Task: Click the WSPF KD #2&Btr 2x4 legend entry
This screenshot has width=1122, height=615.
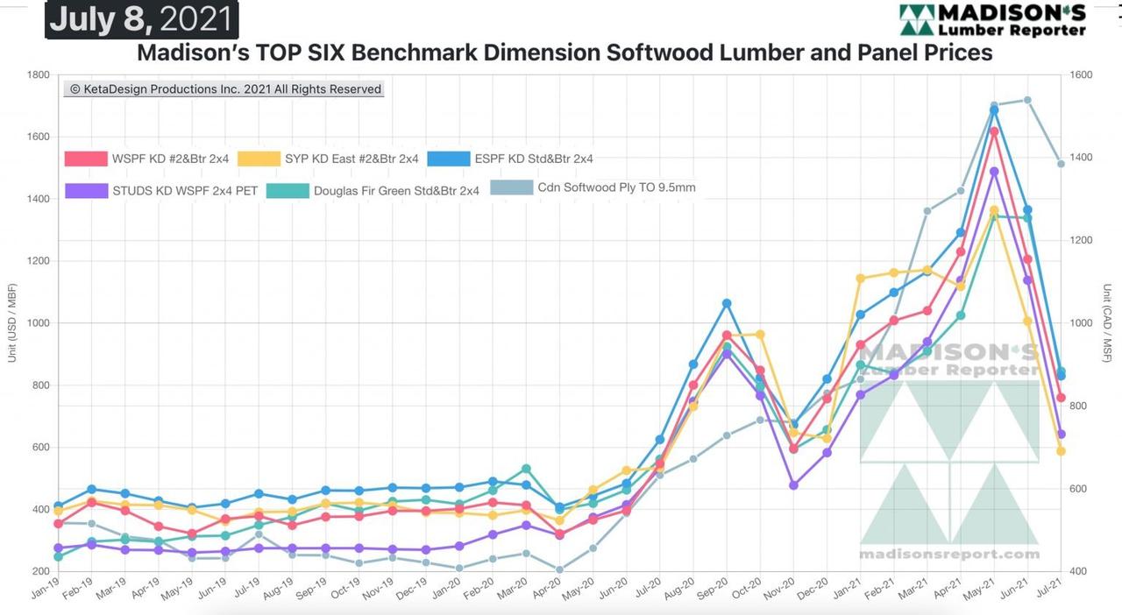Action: (x=147, y=159)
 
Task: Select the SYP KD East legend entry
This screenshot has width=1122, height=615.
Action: (x=330, y=159)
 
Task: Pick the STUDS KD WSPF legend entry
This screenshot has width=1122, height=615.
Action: (x=162, y=190)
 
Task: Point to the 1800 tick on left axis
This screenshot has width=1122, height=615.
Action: (x=38, y=75)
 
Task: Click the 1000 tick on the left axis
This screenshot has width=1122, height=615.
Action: (x=38, y=323)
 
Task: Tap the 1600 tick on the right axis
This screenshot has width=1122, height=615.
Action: (x=1080, y=75)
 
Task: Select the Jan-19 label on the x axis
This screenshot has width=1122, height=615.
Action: (x=46, y=588)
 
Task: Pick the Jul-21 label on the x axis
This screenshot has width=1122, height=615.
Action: (x=1052, y=588)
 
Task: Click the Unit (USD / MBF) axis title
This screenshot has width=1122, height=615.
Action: (x=12, y=323)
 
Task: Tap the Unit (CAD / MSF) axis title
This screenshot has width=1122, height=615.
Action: (x=1108, y=323)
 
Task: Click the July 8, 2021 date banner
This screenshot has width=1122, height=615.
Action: (x=141, y=19)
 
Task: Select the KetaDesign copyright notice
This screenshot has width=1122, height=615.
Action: (x=224, y=89)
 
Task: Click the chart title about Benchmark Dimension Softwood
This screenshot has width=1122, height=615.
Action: (x=565, y=53)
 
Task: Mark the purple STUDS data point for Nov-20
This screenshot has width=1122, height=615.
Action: (x=793, y=484)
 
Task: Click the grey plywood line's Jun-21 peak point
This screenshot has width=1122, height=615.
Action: (x=1027, y=100)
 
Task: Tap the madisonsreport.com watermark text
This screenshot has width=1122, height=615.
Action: (x=949, y=554)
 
